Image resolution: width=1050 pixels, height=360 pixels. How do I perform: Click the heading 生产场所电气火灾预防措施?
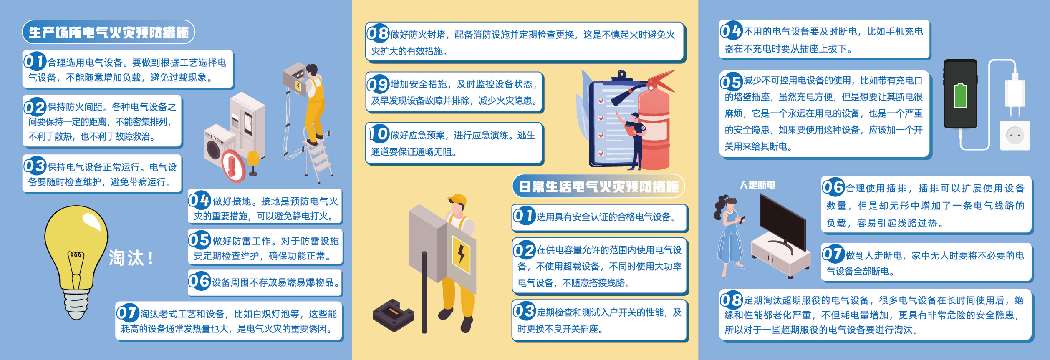(x=109, y=32)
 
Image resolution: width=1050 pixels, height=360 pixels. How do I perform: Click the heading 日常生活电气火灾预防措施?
(x=598, y=186)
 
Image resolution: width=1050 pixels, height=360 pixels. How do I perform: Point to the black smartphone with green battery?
(x=960, y=93)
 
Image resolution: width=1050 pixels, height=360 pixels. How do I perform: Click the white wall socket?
(x=1015, y=136)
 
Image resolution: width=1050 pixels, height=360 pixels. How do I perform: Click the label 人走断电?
(x=757, y=185)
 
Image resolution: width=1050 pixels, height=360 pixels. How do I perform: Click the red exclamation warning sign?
(x=233, y=166)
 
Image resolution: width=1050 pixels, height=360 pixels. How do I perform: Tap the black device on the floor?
(x=393, y=315)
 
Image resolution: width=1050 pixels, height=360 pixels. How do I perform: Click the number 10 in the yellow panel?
(x=379, y=134)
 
